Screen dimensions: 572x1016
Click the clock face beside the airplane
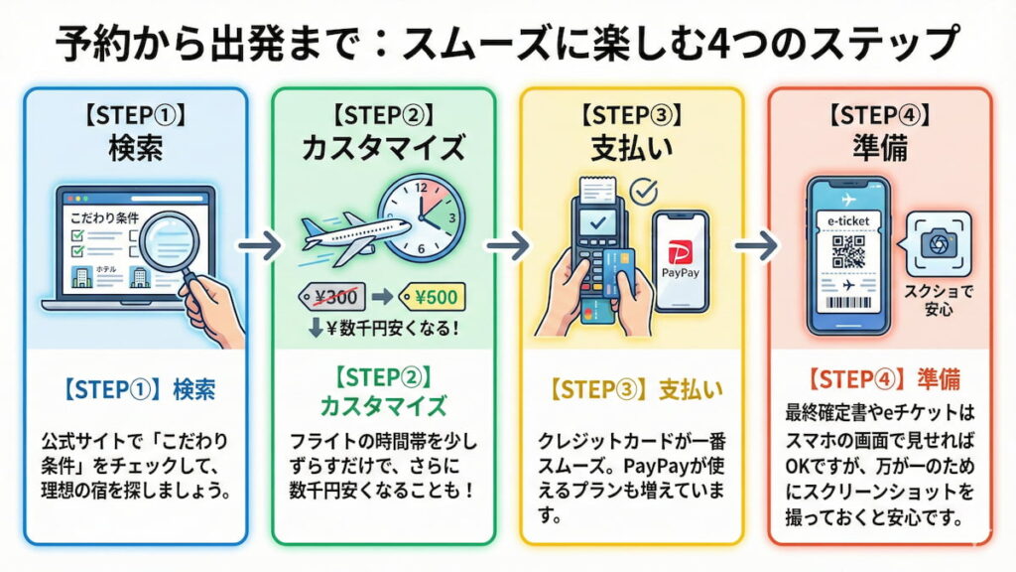421,217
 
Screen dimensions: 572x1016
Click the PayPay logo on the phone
681,259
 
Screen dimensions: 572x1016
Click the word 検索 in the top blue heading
135,149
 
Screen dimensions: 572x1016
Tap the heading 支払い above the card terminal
632,149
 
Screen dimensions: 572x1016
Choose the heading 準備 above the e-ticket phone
879,149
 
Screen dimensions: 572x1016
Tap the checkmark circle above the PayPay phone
646,190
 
